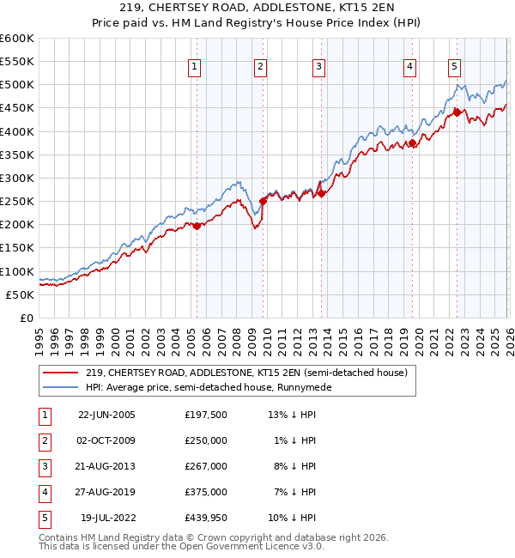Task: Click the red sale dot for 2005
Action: pyautogui.click(x=197, y=226)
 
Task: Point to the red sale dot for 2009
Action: pyautogui.click(x=264, y=201)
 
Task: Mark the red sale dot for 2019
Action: pyautogui.click(x=413, y=143)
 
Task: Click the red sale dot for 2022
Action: pyautogui.click(x=457, y=112)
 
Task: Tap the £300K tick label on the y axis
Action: pyautogui.click(x=17, y=178)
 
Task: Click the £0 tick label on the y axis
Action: pyautogui.click(x=26, y=318)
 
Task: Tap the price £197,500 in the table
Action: pyautogui.click(x=206, y=415)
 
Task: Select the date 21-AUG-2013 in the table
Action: pyautogui.click(x=106, y=466)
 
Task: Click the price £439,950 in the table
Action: pyautogui.click(x=206, y=518)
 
